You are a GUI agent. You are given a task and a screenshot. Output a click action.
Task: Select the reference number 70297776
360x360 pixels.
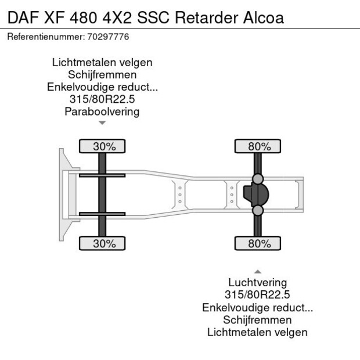109,37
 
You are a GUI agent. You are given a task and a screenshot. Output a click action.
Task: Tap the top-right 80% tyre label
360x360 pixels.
259,147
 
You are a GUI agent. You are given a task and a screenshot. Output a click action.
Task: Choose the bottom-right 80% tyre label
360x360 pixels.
259,243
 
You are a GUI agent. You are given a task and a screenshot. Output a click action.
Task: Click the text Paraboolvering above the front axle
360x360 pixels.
102,111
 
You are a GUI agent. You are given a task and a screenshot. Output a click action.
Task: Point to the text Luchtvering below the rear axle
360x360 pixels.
257,283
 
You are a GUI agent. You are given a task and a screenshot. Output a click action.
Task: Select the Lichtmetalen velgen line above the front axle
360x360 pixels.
102,63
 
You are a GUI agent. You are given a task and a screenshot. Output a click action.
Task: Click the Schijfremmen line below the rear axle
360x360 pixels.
257,319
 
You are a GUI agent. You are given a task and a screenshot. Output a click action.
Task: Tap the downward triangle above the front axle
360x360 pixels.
102,123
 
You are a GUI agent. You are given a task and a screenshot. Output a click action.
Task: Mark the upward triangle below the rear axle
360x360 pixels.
257,271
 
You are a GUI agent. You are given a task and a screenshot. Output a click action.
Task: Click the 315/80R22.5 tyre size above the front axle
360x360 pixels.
102,99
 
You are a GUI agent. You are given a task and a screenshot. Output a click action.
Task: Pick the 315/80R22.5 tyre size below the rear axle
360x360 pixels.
257,295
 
